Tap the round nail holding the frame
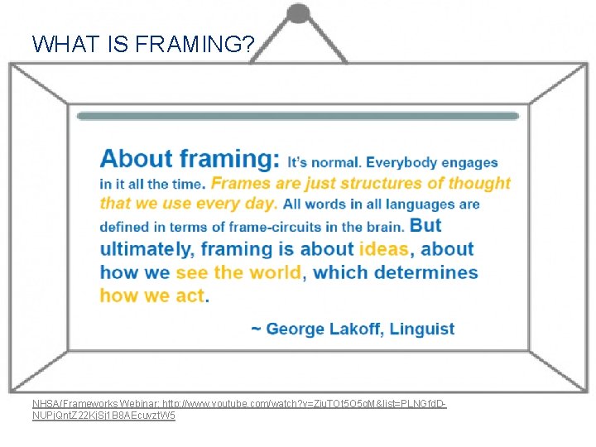[x=297, y=14]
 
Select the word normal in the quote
[x=335, y=163]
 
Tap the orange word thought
[x=478, y=183]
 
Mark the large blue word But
[x=425, y=224]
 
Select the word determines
[x=427, y=272]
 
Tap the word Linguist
[x=422, y=329]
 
